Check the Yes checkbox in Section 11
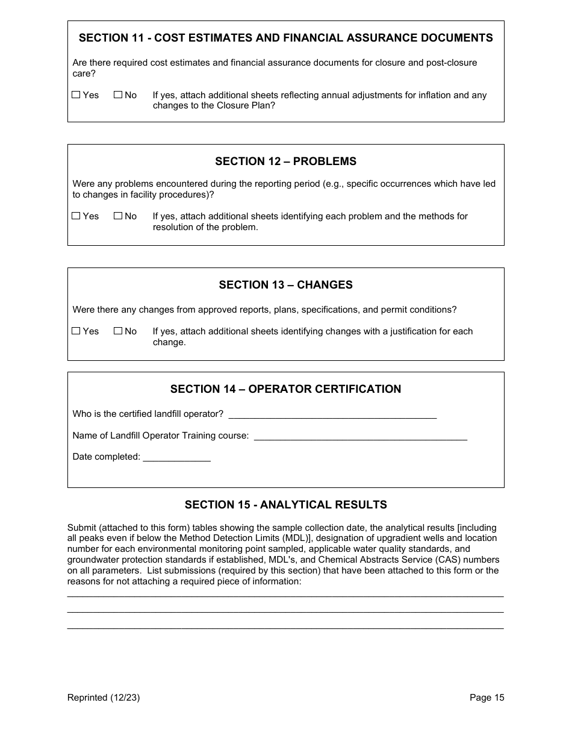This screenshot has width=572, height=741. (x=76, y=95)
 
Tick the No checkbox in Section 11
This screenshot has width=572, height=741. (x=118, y=95)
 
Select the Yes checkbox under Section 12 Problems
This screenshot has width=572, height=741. (x=76, y=216)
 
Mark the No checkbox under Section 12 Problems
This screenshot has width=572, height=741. (x=118, y=216)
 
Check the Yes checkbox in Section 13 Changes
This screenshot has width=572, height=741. (x=76, y=331)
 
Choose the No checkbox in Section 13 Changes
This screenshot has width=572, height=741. (x=118, y=331)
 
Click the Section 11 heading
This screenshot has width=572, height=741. (x=285, y=38)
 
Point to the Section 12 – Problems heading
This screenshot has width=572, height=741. (x=285, y=161)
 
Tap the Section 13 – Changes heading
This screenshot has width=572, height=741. (x=285, y=285)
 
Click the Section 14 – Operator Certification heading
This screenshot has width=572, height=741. (x=285, y=389)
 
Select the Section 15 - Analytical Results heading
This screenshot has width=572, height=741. (x=285, y=505)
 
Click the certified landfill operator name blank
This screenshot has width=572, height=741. (x=332, y=414)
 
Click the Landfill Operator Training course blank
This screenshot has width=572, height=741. (x=360, y=436)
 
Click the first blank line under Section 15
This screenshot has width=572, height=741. (x=285, y=596)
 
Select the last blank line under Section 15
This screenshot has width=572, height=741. (x=285, y=628)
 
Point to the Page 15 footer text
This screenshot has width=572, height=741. (x=487, y=698)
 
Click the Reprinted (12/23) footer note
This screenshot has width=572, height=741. (x=104, y=698)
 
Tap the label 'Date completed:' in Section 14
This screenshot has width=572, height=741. (x=106, y=457)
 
